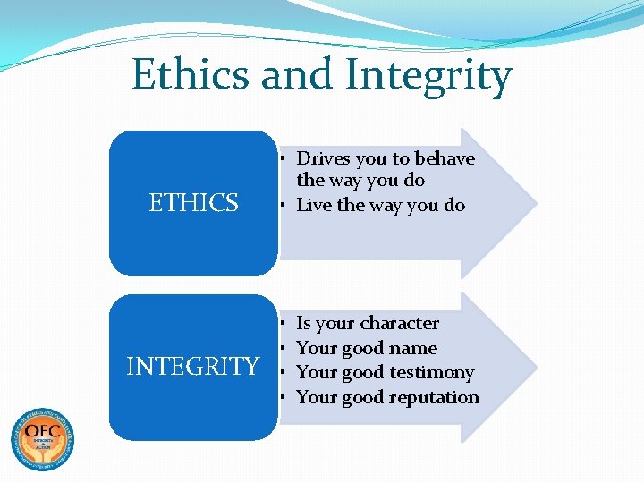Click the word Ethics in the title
[190, 75]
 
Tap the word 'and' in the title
[295, 75]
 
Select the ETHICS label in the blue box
[193, 203]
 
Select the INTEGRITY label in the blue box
[193, 367]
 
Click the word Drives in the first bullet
[324, 158]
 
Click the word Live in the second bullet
[313, 205]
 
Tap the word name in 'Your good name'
[414, 348]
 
